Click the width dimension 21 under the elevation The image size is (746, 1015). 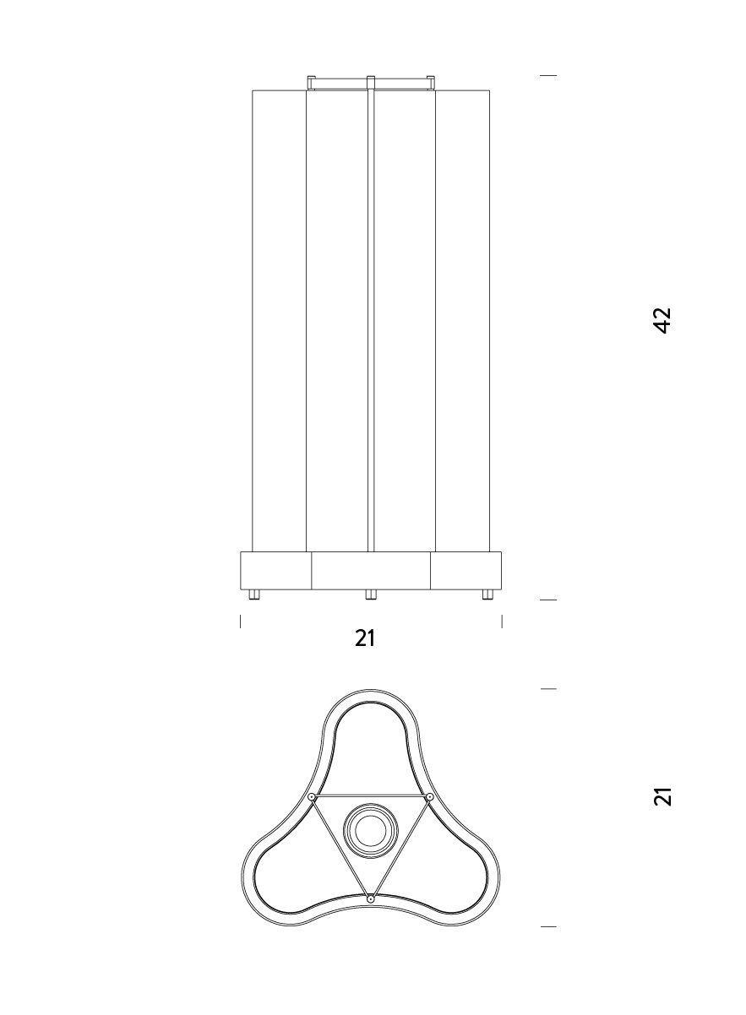click(x=365, y=638)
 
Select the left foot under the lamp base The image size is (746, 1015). click(x=254, y=594)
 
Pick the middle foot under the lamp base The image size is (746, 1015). click(x=370, y=594)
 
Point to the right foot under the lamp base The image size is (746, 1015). click(x=487, y=594)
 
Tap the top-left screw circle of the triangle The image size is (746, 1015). click(x=312, y=797)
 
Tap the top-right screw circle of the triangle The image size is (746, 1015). click(x=429, y=797)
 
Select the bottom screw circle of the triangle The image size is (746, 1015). click(x=370, y=899)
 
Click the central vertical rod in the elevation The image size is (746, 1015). click(x=370, y=321)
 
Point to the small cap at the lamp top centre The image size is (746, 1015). click(x=370, y=81)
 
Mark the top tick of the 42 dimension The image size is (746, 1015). click(x=548, y=76)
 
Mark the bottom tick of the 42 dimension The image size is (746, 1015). click(x=548, y=600)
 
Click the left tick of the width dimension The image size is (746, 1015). click(x=241, y=621)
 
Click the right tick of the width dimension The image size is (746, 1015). click(x=502, y=621)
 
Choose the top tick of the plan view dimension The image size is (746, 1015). click(x=548, y=689)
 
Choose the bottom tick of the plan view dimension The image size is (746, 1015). click(x=548, y=926)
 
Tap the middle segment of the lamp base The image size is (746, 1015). click(x=370, y=570)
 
